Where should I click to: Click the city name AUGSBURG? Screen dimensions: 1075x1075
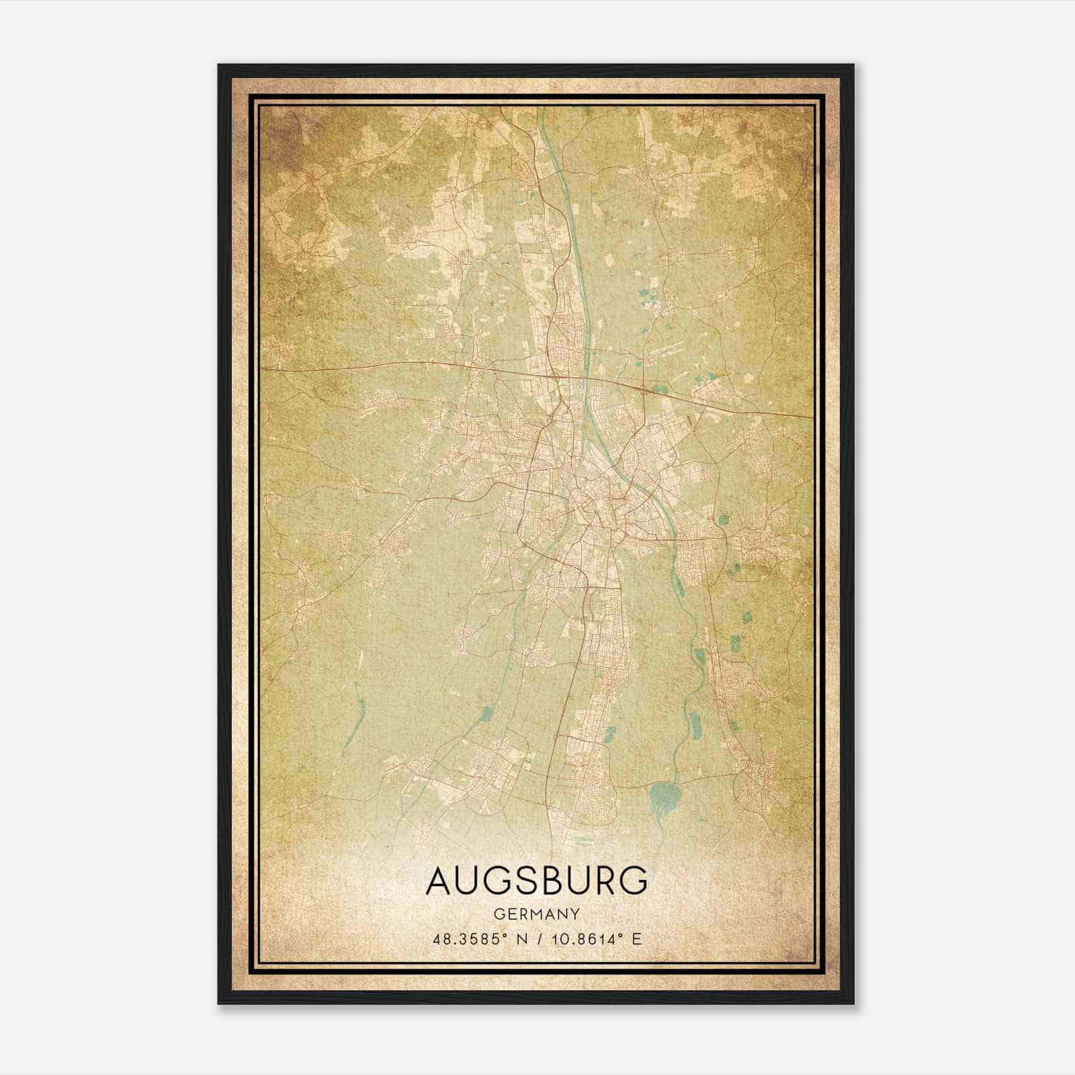(x=537, y=881)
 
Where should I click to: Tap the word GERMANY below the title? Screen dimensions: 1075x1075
(x=537, y=914)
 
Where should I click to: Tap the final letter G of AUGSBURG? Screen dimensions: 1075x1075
(x=634, y=881)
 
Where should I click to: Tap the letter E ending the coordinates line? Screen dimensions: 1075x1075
(x=637, y=939)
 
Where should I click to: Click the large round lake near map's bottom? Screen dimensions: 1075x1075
(x=664, y=797)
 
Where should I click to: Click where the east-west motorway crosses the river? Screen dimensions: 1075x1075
(x=586, y=381)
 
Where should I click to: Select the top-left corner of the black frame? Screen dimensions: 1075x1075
(x=219, y=66)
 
